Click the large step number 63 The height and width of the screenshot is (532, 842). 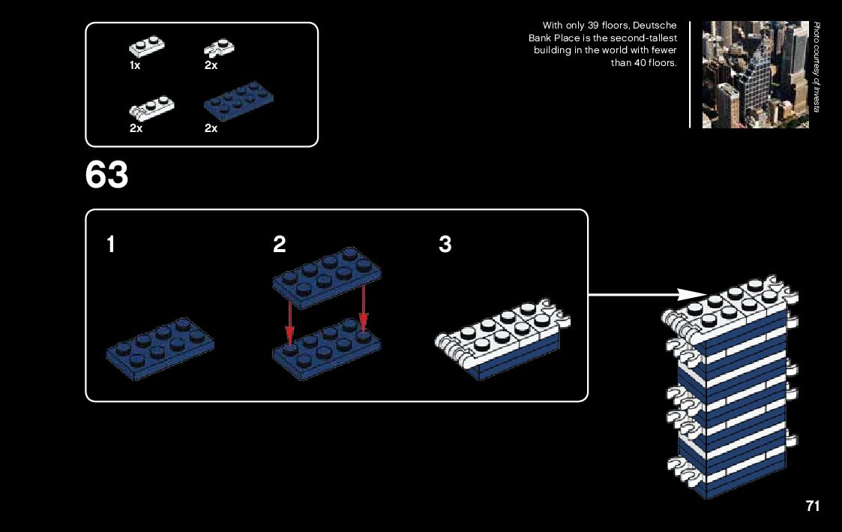(107, 176)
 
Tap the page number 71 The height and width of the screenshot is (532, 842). (813, 506)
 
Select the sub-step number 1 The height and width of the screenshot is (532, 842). (111, 245)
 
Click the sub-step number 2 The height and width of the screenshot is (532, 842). (280, 245)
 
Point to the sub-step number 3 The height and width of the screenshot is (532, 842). (445, 245)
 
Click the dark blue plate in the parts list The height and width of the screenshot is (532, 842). (239, 101)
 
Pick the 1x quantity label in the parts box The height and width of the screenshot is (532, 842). (135, 66)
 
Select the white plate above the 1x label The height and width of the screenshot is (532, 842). (147, 47)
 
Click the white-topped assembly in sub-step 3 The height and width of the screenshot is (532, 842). (499, 342)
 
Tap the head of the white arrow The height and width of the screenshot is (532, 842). (697, 294)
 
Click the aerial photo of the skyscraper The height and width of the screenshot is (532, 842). (755, 74)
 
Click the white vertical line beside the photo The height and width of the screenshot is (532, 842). (690, 74)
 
